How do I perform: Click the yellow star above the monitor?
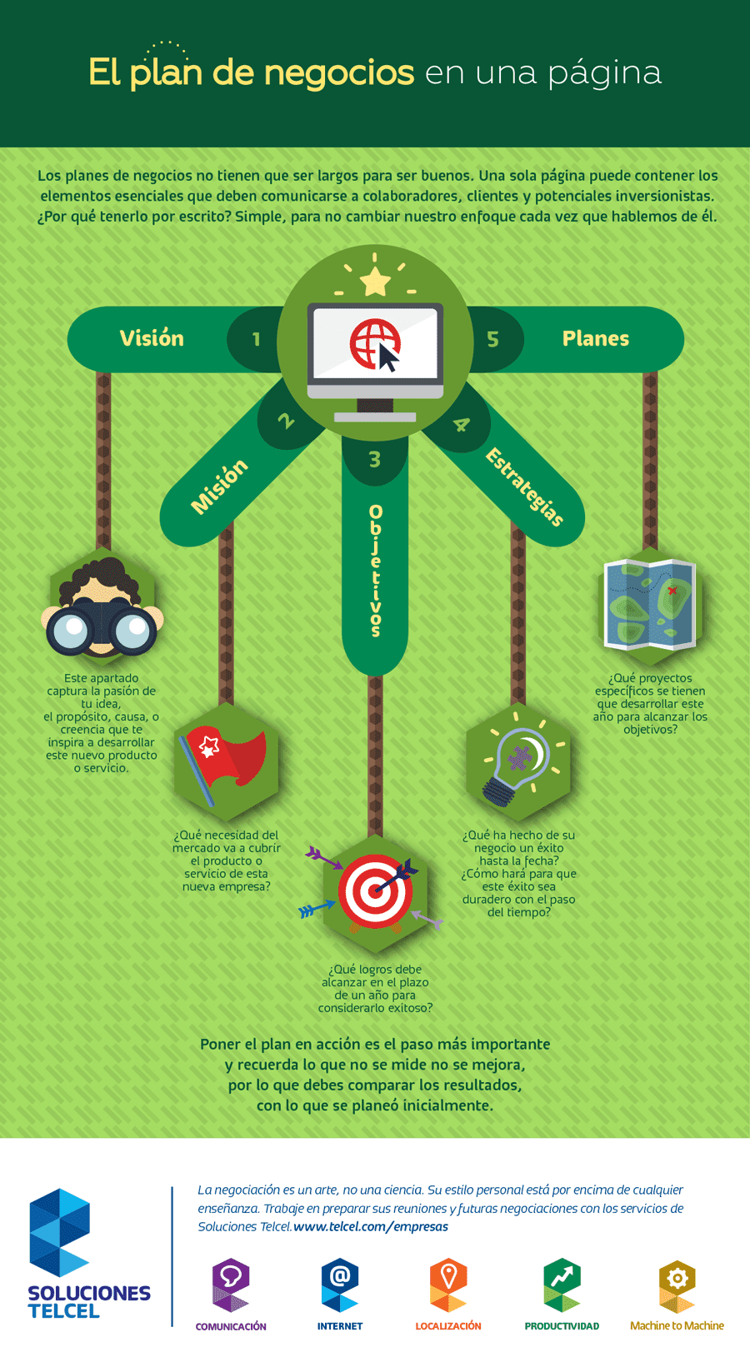pos(375,282)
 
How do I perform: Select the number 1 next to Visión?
pos(256,339)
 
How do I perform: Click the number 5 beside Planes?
pos(492,339)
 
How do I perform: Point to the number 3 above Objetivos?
pos(375,459)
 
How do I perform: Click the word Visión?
pos(152,338)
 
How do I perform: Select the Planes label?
pos(596,338)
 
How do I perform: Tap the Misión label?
pos(219,486)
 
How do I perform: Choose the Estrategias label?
pos(524,487)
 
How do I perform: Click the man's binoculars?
pos(101,626)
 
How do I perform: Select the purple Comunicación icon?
pos(230,1285)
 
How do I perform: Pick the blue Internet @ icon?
pos(339,1285)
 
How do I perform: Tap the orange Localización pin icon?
pos(448,1285)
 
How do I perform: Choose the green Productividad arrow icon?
pos(562,1285)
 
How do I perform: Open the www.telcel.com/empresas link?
pos(371,1226)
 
